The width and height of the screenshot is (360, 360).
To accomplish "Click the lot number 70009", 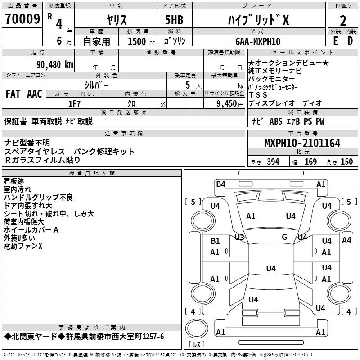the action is (22, 18).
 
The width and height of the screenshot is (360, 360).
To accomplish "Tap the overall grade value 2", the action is (343, 21).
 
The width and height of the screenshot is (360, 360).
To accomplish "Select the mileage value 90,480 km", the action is (55, 65).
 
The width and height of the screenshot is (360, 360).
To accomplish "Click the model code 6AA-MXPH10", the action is (258, 41).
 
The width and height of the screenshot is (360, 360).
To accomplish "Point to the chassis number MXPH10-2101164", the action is (302, 143).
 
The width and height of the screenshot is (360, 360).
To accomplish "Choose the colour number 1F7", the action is (74, 104).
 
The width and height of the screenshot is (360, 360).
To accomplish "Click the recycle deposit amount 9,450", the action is (227, 104).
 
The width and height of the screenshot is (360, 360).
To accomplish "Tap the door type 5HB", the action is (174, 20).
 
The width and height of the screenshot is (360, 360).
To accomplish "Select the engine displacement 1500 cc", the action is (141, 41).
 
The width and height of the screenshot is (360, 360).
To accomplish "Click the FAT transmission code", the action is (13, 94).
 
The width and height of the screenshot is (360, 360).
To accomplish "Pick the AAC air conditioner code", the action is (35, 94).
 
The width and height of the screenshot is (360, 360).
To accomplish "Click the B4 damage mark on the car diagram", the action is (220, 184).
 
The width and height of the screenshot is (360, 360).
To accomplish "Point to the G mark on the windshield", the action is (284, 237).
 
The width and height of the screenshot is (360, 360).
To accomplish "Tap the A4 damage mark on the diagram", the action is (346, 240).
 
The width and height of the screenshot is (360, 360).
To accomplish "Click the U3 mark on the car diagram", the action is (239, 238).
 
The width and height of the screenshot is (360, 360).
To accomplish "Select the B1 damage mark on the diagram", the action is (215, 241).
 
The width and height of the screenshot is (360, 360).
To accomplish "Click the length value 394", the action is (273, 162).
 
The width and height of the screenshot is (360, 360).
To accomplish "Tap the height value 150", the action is (346, 162).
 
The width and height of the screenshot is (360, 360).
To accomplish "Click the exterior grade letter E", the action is (336, 41).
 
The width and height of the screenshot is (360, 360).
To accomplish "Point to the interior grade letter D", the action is (350, 41).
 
